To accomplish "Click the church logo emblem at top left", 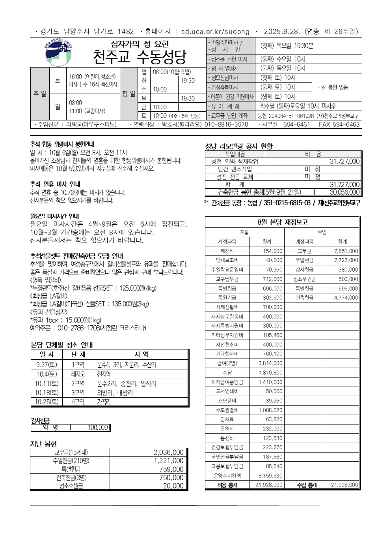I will [x=58, y=53].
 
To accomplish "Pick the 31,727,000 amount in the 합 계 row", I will [x=344, y=184].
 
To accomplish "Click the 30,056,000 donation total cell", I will [x=344, y=192].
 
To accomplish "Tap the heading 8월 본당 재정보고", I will [x=282, y=222].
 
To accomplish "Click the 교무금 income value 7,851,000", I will [x=346, y=251].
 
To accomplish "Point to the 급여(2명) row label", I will [x=227, y=363].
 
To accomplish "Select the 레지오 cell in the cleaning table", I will [x=78, y=374].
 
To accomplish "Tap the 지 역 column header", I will [x=141, y=355].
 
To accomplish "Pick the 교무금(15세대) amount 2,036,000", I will [x=168, y=453].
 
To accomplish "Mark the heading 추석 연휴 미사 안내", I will [x=55, y=184].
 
